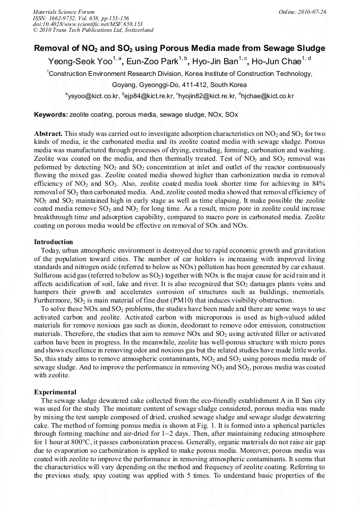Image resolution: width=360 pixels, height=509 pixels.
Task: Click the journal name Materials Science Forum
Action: pos(64,11)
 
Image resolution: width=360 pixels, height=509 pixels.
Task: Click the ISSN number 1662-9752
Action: pos(62,18)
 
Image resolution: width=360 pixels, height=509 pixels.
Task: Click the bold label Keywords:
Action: pos(50,115)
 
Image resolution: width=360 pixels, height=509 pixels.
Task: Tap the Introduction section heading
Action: pos(54,242)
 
